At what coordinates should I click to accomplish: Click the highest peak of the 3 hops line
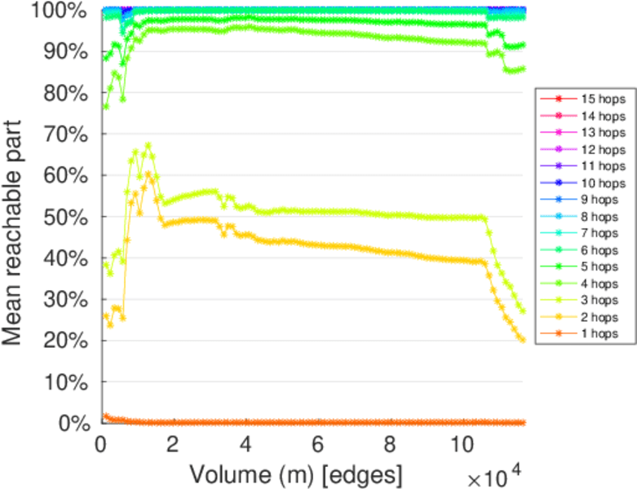148,146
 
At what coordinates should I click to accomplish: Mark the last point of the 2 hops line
522,339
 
